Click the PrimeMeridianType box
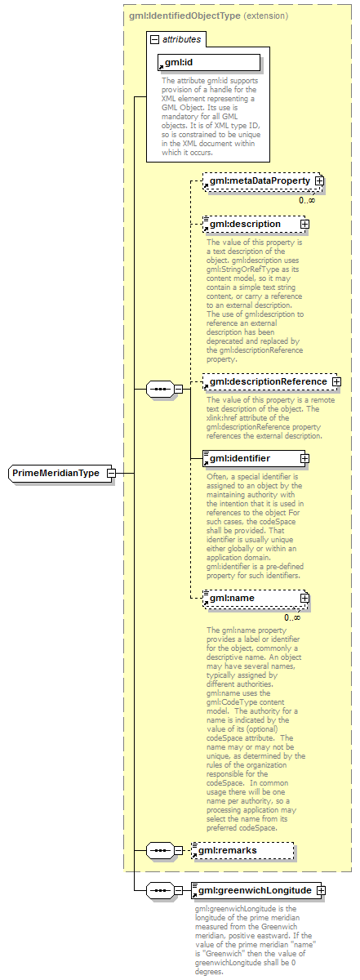pos(56,474)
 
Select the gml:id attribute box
pos(208,62)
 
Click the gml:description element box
pos(250,224)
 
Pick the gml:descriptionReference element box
pos(264,381)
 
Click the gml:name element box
pos(250,599)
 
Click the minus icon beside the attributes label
pos(153,38)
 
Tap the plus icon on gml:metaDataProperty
pos(320,181)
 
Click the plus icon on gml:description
pos(304,224)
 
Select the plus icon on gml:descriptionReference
pos(336,381)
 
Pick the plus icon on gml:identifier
pos(304,459)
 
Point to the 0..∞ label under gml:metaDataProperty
pos(307,200)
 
